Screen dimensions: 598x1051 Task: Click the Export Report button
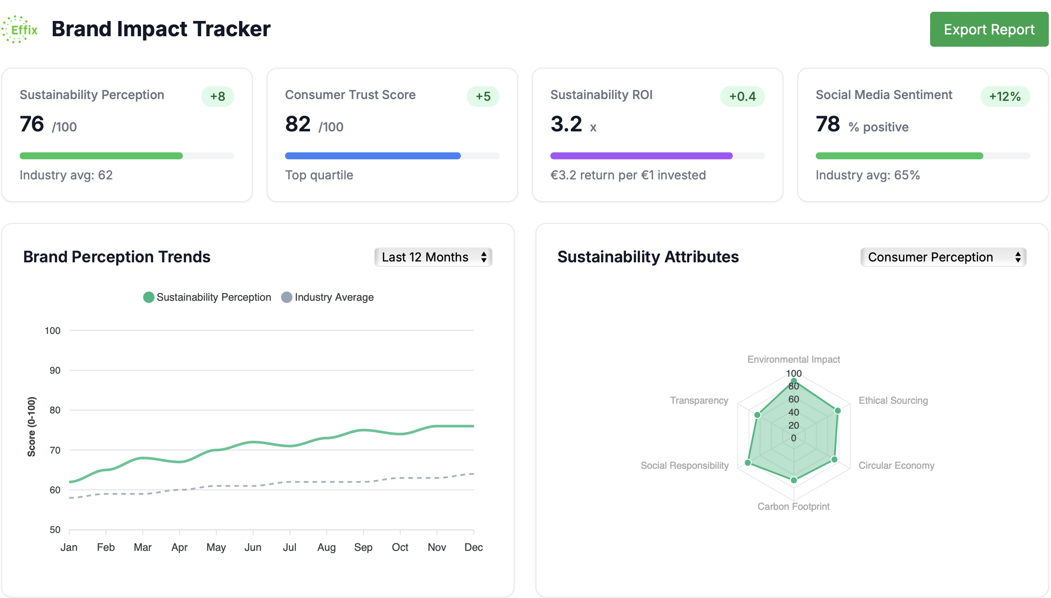[x=989, y=29]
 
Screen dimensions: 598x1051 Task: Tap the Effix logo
[x=20, y=29]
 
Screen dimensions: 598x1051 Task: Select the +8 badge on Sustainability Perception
[x=217, y=96]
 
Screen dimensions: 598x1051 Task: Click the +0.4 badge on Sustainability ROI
[x=742, y=96]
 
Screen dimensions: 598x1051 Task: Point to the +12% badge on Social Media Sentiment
[x=1005, y=96]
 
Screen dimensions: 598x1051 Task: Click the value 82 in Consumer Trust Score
[x=298, y=124]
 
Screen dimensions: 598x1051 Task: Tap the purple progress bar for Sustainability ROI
[x=641, y=156]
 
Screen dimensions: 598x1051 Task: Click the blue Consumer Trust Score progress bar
[x=372, y=156]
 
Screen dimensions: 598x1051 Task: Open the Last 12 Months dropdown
[x=433, y=257]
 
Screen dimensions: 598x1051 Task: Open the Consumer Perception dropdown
[x=943, y=257]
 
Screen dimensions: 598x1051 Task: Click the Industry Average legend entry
[x=328, y=297]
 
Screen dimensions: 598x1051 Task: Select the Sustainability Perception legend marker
[x=149, y=297]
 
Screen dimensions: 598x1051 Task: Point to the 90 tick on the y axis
[x=55, y=371]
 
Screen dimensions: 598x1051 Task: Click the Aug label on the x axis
[x=326, y=547]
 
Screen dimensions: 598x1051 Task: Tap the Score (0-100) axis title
[x=31, y=426]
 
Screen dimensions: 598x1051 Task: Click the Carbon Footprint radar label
[x=793, y=506]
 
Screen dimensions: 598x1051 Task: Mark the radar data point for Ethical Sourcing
[x=838, y=411]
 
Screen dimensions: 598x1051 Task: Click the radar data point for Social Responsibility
[x=748, y=463]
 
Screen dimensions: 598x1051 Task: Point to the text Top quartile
[x=319, y=175]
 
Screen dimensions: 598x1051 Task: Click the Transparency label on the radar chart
[x=699, y=400]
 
